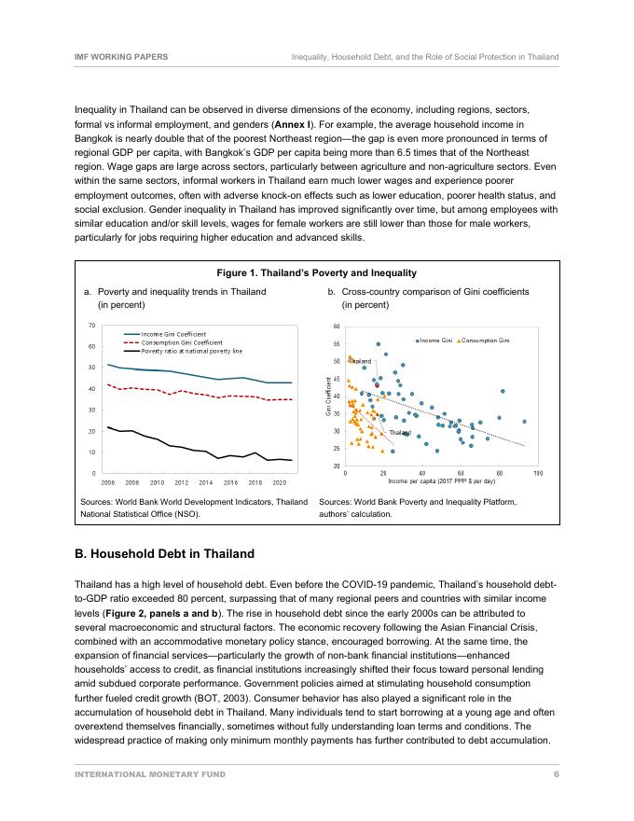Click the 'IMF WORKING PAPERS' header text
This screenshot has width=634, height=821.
click(x=121, y=57)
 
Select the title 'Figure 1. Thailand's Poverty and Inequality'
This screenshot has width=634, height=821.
click(x=316, y=273)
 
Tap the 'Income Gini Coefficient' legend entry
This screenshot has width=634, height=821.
click(x=173, y=334)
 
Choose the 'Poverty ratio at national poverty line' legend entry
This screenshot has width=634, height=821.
click(x=191, y=351)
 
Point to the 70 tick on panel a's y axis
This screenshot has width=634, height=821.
click(x=92, y=326)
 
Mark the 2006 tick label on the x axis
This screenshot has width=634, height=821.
click(x=107, y=483)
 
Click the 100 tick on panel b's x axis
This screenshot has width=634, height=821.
click(x=537, y=474)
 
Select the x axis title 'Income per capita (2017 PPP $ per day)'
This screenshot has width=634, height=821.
click(x=441, y=481)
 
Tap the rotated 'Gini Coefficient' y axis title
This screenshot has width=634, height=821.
click(x=329, y=396)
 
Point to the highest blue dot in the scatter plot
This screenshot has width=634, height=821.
click(x=378, y=343)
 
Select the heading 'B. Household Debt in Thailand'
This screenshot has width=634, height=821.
click(x=164, y=554)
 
